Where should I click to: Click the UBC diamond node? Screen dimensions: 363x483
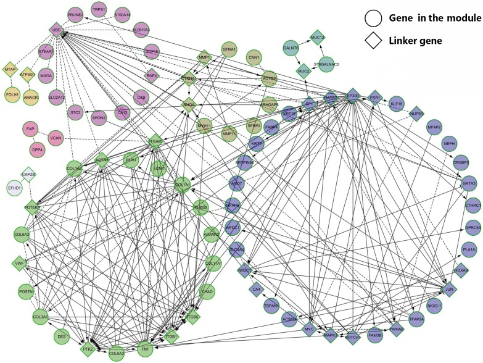[54, 30]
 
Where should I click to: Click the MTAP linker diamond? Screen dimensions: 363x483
[9, 70]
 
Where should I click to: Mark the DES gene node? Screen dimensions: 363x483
[61, 336]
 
